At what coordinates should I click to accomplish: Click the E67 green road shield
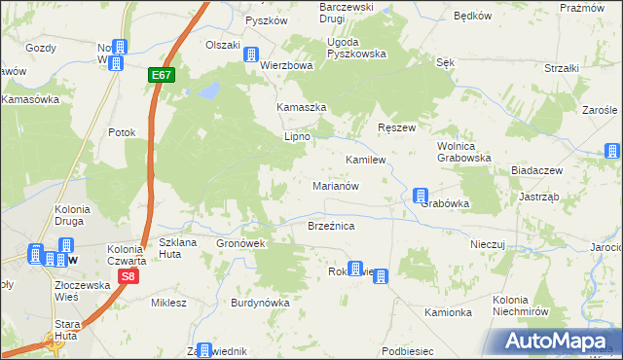162,74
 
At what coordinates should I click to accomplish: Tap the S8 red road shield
127,277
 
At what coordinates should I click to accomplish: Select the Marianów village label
337,185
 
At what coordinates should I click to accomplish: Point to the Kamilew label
367,159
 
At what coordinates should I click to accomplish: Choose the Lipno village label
296,137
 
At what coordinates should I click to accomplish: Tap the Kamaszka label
300,107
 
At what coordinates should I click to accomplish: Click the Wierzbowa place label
286,66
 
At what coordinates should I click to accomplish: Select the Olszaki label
222,45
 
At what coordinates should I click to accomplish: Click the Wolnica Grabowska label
463,151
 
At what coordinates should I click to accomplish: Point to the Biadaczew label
537,170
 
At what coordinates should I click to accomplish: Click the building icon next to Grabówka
420,196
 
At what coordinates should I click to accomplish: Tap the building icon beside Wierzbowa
252,55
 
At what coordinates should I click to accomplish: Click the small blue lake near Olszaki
207,91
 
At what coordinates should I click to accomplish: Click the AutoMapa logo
559,342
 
